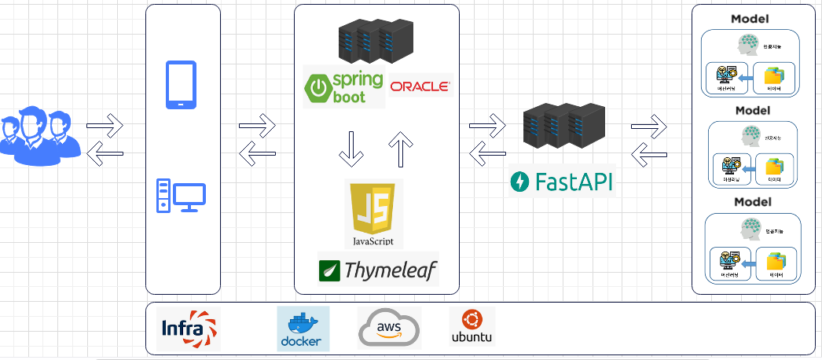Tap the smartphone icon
click(x=181, y=85)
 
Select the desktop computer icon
click(x=181, y=195)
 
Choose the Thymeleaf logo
click(x=378, y=270)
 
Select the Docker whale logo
click(x=303, y=329)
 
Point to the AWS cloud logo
click(x=389, y=329)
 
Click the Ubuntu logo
click(x=472, y=327)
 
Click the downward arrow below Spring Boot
click(x=350, y=149)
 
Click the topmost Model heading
click(x=750, y=19)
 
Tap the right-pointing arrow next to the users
click(x=105, y=123)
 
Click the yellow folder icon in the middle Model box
click(x=776, y=166)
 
